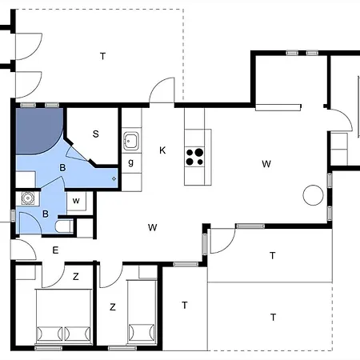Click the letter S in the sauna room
pos(95,134)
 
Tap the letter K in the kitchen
pos(162,150)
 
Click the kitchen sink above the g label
pos(132,142)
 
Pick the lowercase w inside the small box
pos(76,200)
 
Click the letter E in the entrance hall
pos(55,250)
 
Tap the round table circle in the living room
pos(311,194)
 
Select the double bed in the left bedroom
pos(62,316)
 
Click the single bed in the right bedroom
pos(142,316)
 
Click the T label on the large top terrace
pos(102,56)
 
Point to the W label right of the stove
pos(266,164)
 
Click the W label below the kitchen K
pos(152,227)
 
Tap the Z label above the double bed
pos(76,277)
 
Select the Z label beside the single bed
pos(113,306)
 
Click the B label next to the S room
pos(62,166)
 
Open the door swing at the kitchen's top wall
pos(162,90)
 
